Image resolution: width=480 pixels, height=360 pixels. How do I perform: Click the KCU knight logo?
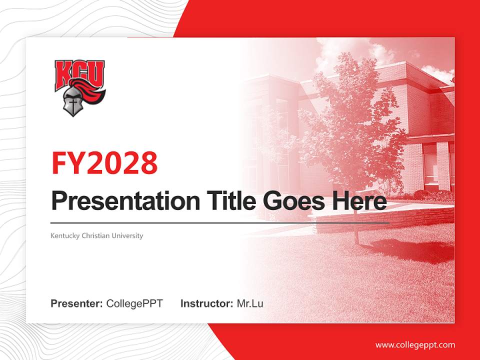(80, 87)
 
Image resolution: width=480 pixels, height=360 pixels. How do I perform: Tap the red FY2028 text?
(104, 163)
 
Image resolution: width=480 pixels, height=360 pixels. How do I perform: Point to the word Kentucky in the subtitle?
(64, 235)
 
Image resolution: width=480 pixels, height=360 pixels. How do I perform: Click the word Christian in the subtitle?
(95, 235)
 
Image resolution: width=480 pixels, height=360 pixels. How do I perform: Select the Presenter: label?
(76, 303)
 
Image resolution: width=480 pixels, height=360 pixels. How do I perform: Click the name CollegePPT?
(134, 303)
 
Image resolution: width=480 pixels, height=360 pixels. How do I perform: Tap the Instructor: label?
(206, 303)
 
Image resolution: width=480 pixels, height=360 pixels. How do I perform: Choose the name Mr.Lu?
(250, 303)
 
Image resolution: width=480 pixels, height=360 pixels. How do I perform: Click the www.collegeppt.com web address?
(415, 345)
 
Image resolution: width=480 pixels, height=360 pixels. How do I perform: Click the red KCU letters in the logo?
(80, 73)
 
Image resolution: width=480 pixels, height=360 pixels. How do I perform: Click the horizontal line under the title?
(220, 223)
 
